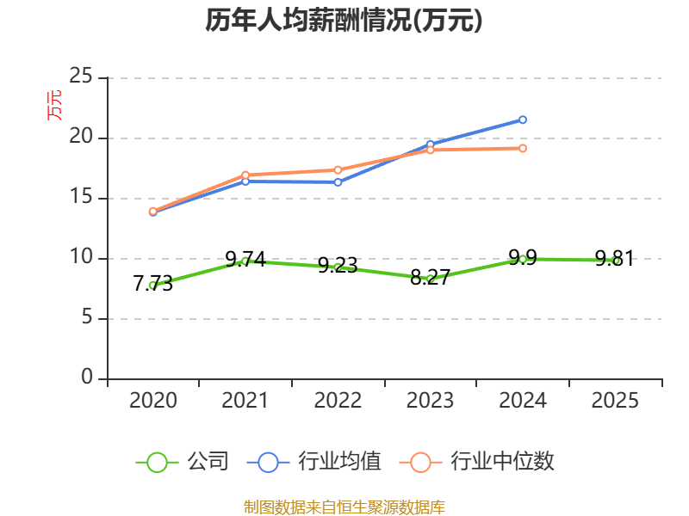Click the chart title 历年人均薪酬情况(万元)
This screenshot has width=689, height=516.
click(x=344, y=21)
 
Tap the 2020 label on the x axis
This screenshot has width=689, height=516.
click(x=153, y=401)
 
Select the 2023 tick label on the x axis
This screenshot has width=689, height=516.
click(x=430, y=401)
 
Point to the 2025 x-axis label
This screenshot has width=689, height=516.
click(x=616, y=401)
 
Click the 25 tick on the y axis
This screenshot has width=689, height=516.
click(x=81, y=77)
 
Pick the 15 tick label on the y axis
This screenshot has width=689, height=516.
click(x=81, y=198)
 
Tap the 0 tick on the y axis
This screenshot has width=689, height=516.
click(x=88, y=378)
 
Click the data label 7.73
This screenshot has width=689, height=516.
click(x=153, y=284)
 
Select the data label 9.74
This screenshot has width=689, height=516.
click(x=245, y=259)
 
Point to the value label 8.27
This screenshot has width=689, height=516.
click(x=430, y=277)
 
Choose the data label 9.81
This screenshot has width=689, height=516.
click(x=615, y=258)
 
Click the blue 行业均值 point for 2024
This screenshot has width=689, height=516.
click(x=523, y=120)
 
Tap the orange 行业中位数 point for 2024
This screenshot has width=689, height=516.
click(x=523, y=148)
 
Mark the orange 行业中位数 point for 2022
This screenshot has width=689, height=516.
click(x=338, y=169)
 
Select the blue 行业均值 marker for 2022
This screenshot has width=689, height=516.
click(x=338, y=182)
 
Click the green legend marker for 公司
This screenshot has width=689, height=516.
click(x=157, y=462)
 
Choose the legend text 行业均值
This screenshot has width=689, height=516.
click(x=339, y=462)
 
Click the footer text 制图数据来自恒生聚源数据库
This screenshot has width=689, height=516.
click(x=344, y=507)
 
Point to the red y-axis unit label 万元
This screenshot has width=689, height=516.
click(x=54, y=105)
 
